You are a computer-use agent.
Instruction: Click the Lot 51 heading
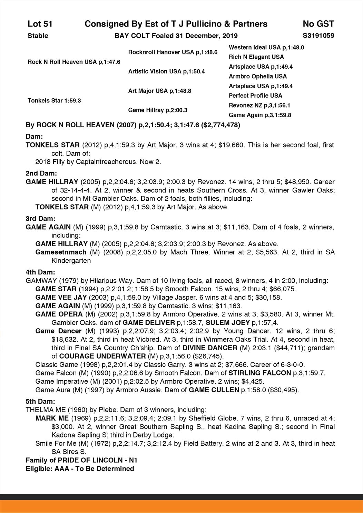40,24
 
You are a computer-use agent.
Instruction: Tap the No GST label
318,24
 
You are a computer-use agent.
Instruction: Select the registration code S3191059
318,36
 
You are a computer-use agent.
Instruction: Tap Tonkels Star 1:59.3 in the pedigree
54,101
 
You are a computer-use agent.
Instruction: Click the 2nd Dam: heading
41,173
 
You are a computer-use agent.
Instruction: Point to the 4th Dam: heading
40,272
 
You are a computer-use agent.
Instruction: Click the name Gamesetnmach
61,252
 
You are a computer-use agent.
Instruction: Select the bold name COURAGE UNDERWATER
102,356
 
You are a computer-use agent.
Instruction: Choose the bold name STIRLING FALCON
260,373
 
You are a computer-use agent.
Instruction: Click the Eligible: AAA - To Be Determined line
80,469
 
